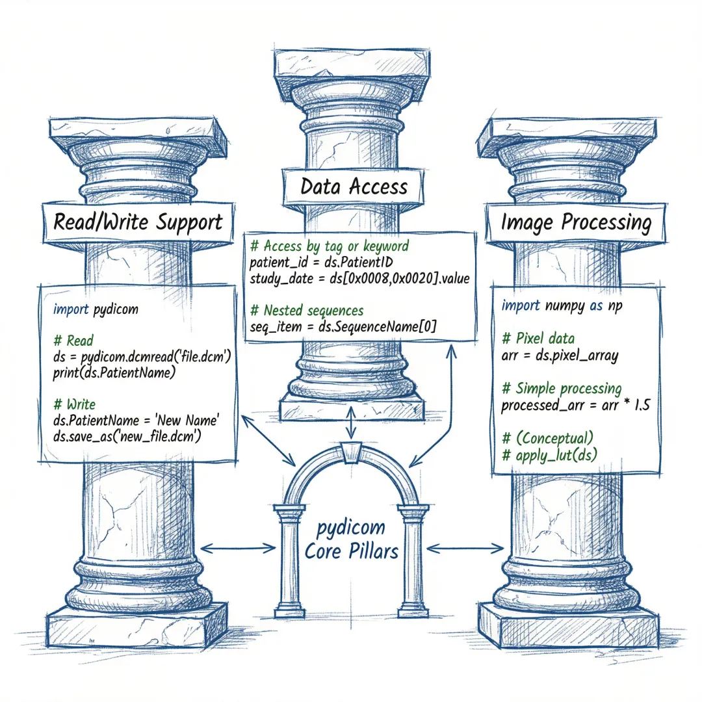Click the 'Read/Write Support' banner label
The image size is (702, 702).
pos(137,222)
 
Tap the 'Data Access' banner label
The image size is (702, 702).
pos(354,187)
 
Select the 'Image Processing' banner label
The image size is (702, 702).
pos(575,222)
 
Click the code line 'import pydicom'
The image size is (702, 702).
pos(96,309)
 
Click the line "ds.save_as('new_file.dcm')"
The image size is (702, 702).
pos(127,437)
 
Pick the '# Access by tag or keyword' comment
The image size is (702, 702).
pos(330,246)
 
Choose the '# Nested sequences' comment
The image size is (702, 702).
pos(307,311)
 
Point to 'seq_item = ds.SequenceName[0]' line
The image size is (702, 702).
pos(343,327)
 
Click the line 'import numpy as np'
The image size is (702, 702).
pos(562,305)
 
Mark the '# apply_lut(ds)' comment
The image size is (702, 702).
pos(550,454)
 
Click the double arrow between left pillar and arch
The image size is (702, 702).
pos(239,548)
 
